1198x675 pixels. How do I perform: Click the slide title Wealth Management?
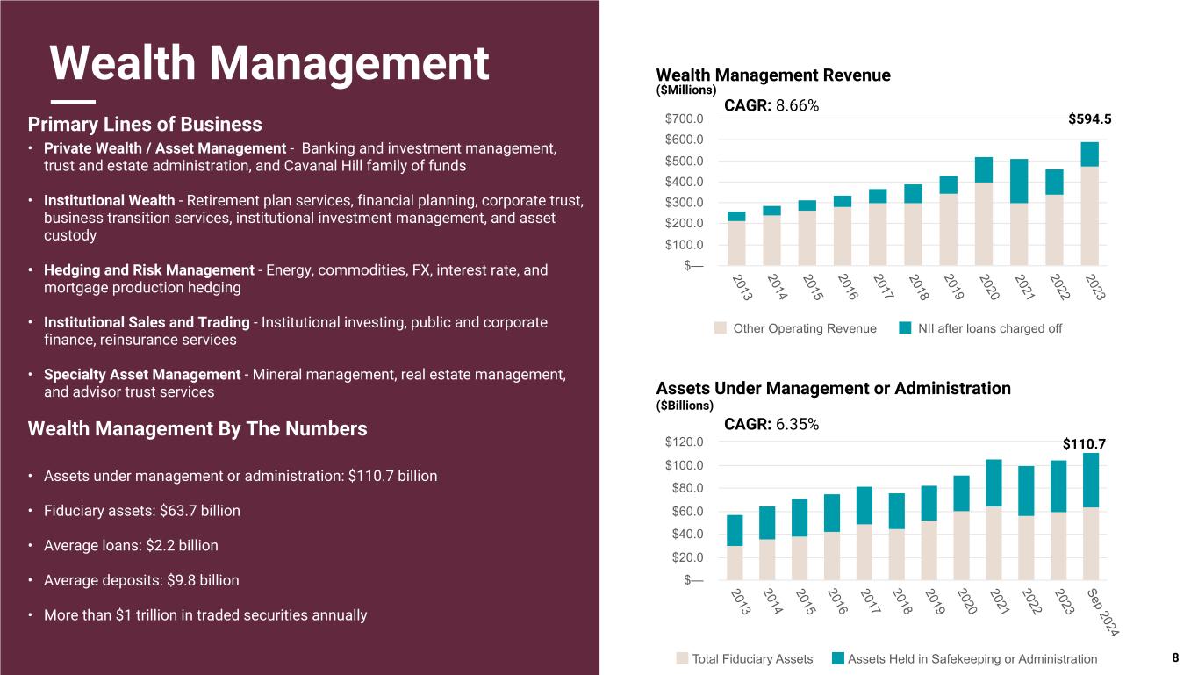pyautogui.click(x=269, y=63)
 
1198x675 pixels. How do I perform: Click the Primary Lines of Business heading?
pyautogui.click(x=145, y=124)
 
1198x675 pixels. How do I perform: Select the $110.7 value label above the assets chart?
pyautogui.click(x=1084, y=445)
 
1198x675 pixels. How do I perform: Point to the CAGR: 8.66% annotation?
pyautogui.click(x=771, y=106)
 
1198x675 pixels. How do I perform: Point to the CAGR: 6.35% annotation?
pyautogui.click(x=771, y=425)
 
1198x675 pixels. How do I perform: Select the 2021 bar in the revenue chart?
pyautogui.click(x=1019, y=212)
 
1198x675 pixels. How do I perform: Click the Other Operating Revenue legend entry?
pyautogui.click(x=795, y=328)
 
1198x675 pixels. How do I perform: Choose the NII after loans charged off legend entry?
pyautogui.click(x=980, y=328)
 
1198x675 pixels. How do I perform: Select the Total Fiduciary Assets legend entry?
pyautogui.click(x=744, y=658)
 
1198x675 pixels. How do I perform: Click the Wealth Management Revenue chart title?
pyautogui.click(x=773, y=75)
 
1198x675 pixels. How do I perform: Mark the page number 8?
pyautogui.click(x=1175, y=657)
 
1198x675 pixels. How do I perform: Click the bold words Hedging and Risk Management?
pyautogui.click(x=148, y=270)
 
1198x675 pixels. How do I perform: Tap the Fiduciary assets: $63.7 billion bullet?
pyautogui.click(x=141, y=511)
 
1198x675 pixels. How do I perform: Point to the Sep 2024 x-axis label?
pyautogui.click(x=1108, y=612)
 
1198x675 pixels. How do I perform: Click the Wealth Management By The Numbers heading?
pyautogui.click(x=197, y=429)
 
